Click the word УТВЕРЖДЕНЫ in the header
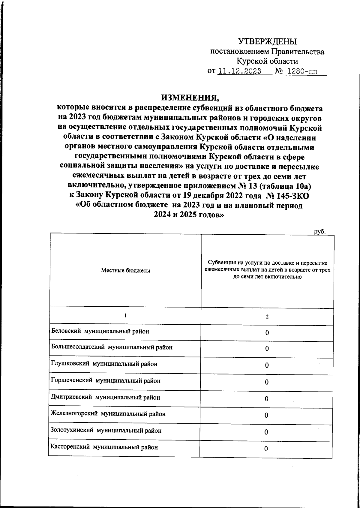pos(267,41)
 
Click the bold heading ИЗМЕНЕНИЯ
pos(190,98)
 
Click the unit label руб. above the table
pos(319,232)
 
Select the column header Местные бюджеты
pos(125,270)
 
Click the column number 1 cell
pos(125,316)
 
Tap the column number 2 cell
pos(267,317)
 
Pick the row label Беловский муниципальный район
pos(100,331)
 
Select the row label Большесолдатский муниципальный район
pos(112,347)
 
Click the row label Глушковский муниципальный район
pos(104,364)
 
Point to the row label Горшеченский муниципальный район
pos(106,381)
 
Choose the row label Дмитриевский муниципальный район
pos(106,397)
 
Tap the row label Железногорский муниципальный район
pos(108,414)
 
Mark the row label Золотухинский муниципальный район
pos(106,431)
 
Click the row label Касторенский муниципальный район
pos(104,447)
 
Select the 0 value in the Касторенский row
pos(266,449)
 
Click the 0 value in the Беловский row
pos(267,333)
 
